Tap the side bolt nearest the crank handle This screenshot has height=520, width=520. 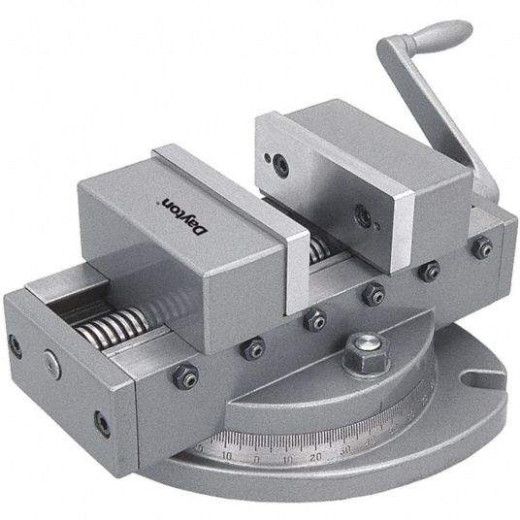[x=482, y=249]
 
